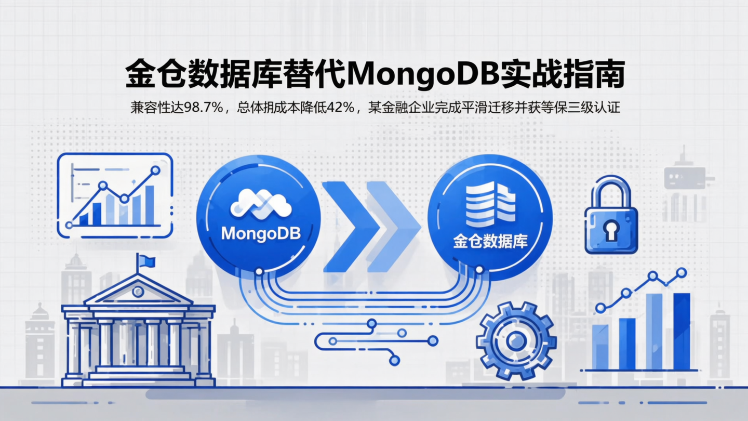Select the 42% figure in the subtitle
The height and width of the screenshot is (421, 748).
pos(338,108)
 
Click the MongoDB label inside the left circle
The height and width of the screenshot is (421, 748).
pos(261,233)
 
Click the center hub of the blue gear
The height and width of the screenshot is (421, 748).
pos(516,341)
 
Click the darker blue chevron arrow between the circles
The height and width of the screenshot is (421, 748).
pos(346,227)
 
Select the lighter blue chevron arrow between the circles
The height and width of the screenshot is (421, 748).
pos(392,227)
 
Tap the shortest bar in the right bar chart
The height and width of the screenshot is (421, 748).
pos(600,347)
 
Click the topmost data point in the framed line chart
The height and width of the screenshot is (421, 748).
pos(154,170)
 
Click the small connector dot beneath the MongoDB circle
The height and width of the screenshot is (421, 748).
pos(259,271)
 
